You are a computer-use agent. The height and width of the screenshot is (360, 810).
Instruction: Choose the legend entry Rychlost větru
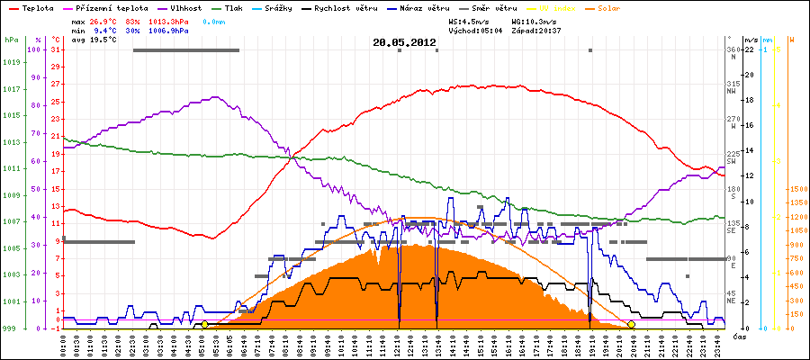click(338, 8)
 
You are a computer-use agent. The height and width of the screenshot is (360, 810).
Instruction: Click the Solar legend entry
click(608, 8)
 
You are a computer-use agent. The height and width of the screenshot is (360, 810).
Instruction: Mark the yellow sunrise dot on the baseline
click(205, 324)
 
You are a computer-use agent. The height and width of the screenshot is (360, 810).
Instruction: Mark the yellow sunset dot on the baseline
click(631, 324)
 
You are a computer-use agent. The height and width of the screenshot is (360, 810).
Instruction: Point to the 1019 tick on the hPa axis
click(11, 63)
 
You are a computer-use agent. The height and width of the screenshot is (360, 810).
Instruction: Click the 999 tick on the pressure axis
click(11, 328)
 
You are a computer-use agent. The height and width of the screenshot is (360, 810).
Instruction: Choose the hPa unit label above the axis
click(10, 40)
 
